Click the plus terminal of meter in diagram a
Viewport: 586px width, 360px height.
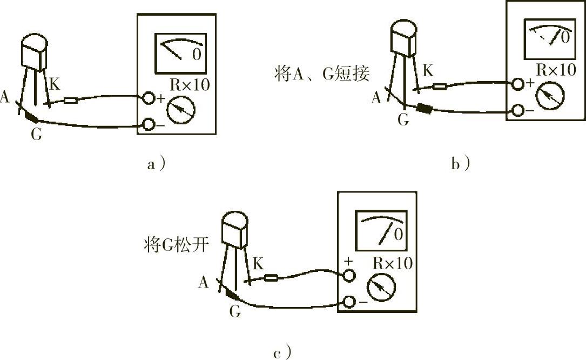148,98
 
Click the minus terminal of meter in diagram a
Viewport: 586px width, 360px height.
149,125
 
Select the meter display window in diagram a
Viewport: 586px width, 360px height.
181,53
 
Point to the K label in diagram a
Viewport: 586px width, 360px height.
55,84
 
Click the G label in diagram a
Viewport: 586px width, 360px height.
36,134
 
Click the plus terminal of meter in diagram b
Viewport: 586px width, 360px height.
517,84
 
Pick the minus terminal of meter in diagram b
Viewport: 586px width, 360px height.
517,110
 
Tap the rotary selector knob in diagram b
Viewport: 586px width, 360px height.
550,95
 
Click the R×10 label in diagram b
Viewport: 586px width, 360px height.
556,70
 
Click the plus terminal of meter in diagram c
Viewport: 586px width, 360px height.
348,276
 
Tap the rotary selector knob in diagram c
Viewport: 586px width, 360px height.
381,287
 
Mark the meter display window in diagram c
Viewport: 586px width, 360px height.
381,231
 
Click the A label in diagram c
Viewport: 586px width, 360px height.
203,282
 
